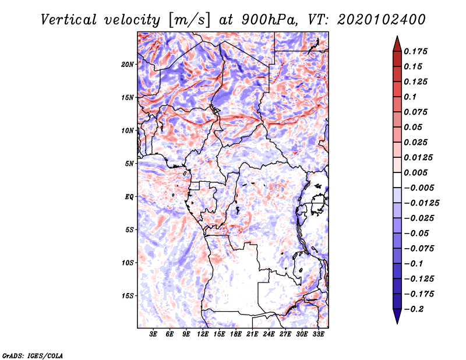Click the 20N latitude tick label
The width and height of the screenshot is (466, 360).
tap(128, 64)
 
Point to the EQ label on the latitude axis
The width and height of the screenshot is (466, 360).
tap(129, 197)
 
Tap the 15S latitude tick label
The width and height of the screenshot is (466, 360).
tap(128, 296)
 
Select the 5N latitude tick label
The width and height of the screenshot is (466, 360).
tap(129, 164)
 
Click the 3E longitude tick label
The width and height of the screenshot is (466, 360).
tap(154, 334)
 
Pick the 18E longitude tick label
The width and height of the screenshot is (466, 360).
tap(236, 334)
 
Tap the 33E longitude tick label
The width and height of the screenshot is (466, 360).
tap(318, 334)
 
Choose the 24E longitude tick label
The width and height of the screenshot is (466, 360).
tap(269, 334)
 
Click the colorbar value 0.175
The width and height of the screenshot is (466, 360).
tap(417, 52)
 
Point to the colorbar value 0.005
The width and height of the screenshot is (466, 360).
tap(417, 173)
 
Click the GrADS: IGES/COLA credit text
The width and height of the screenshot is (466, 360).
tap(33, 355)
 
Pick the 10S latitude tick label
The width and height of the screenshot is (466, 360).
tap(128, 263)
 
